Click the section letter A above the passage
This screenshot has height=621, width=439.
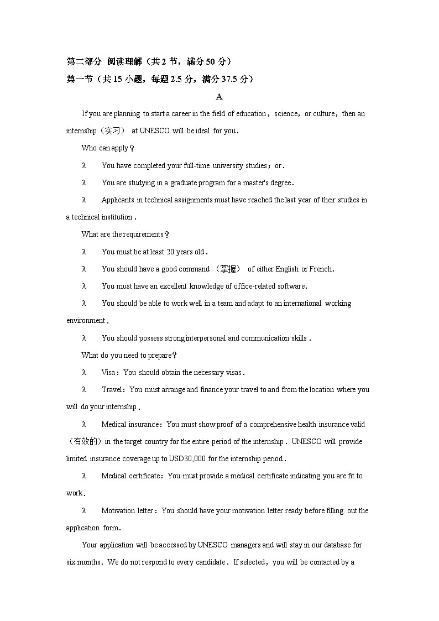219,97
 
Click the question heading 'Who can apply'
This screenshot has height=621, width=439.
105,148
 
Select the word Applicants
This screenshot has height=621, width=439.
118,200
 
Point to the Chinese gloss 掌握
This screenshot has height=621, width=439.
227,269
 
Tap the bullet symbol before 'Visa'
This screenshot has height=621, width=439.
84,373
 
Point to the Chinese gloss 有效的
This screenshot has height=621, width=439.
85,441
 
